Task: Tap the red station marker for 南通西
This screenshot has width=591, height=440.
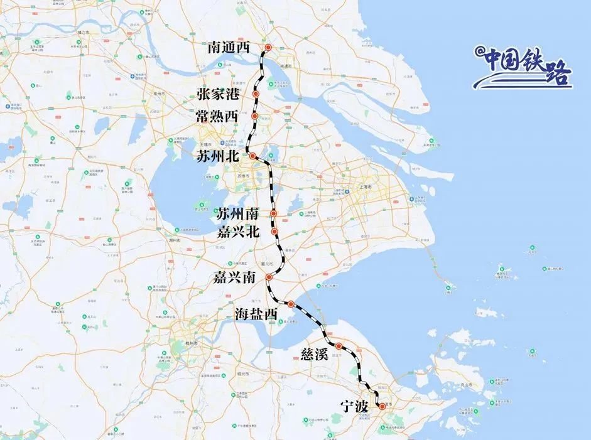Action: pos(268,47)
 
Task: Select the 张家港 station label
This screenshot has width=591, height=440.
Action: pos(218,95)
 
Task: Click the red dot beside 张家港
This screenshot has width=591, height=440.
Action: pos(256,94)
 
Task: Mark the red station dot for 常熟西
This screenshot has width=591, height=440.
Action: pos(255,116)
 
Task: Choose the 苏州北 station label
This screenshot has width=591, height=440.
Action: pos(218,156)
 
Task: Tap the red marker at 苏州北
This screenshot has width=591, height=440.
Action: pos(252,156)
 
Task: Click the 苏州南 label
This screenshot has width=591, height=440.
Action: pos(237,214)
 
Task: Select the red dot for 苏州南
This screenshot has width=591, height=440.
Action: pos(274,214)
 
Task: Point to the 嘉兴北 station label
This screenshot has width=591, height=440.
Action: pos(237,232)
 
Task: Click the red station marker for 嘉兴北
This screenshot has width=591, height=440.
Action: pos(275,232)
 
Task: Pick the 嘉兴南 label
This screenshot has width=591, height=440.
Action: pos(234,277)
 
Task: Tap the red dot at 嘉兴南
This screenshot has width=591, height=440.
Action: pos(269,277)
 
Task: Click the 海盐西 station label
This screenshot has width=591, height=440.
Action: pos(256,314)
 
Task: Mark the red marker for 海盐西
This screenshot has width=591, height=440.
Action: pos(291,304)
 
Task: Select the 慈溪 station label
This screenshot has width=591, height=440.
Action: pos(312,355)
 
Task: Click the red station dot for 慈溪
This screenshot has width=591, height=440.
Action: pos(339,345)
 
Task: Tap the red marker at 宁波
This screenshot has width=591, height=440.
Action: pos(382,406)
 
